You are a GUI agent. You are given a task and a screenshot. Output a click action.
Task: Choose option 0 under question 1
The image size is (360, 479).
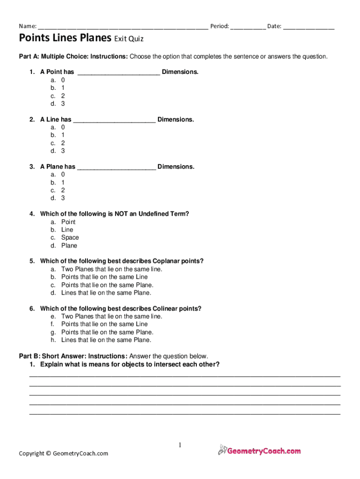tap(63, 80)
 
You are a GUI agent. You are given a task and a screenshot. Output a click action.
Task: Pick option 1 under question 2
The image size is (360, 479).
tap(63, 135)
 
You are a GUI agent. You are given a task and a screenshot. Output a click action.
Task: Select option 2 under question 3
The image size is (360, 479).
tap(63, 190)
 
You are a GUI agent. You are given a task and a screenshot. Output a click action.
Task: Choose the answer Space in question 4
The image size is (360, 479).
tap(70, 238)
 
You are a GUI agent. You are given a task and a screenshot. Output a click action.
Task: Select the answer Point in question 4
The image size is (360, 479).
tap(68, 222)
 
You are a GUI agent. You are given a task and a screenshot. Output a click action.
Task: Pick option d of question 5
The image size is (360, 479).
tap(106, 293)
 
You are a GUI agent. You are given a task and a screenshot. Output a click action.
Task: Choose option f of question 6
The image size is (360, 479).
tap(104, 324)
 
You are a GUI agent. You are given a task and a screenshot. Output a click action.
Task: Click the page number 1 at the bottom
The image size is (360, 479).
tap(180, 445)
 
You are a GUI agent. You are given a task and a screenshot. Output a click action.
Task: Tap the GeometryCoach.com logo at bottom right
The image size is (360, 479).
tap(259, 451)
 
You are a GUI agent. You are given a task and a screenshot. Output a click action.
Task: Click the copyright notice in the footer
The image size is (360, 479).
tap(63, 453)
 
